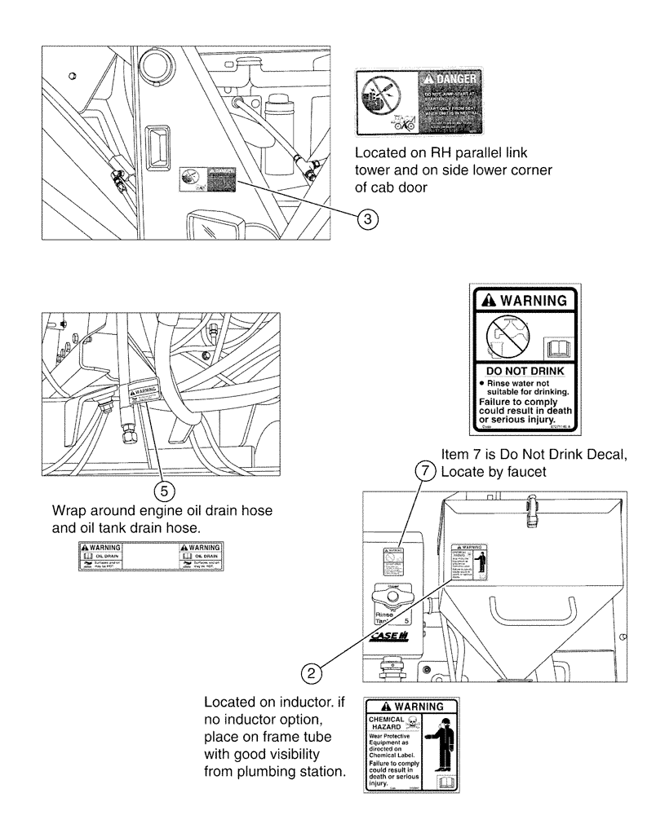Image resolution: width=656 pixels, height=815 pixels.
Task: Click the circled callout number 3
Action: [x=370, y=218]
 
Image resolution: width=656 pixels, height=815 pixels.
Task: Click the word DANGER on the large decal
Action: [x=454, y=80]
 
